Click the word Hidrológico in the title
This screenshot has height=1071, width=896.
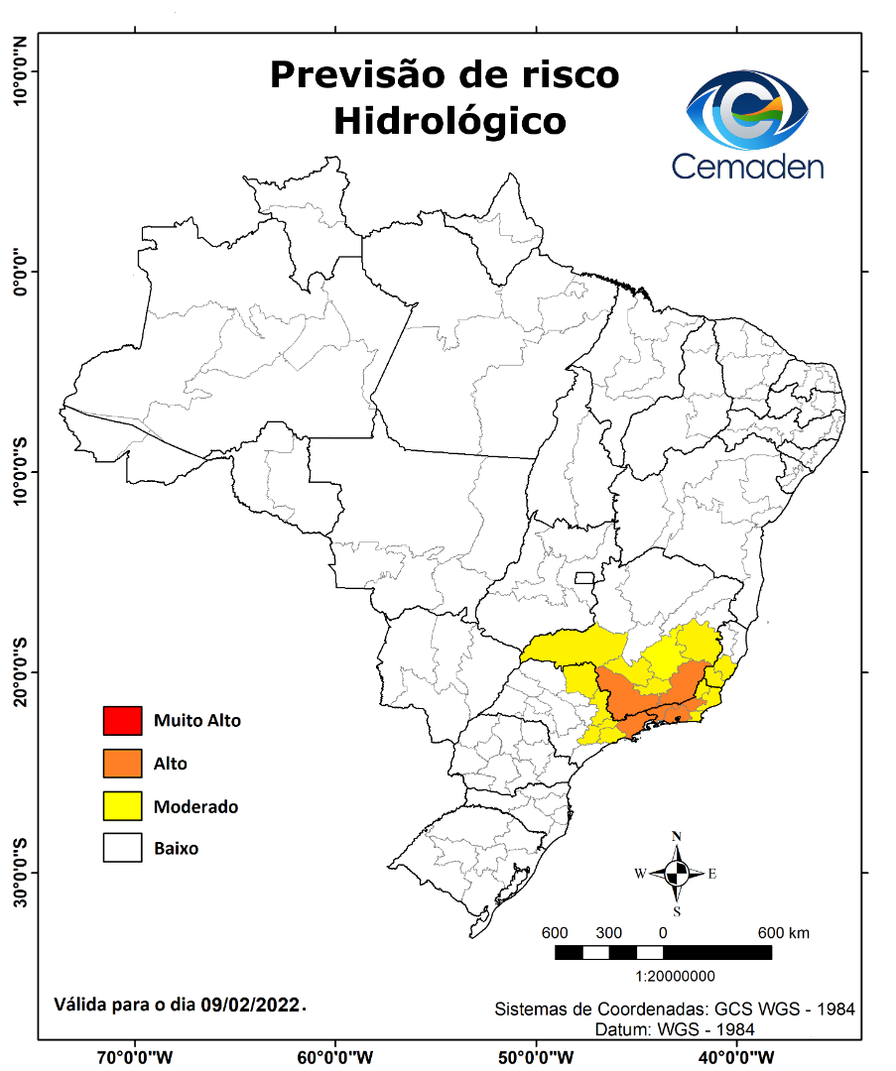pos(449,121)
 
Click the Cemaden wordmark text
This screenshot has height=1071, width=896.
pos(747,165)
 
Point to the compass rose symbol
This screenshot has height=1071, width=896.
pos(677,873)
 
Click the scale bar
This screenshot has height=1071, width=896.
pos(663,952)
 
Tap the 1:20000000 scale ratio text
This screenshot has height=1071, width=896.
pos(675,976)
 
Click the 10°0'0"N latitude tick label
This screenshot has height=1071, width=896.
pos(19,71)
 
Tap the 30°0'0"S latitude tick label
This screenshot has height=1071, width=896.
pos(19,873)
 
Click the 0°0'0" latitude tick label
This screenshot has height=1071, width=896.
pos(19,271)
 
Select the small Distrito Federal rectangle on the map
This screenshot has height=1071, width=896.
pos(584,577)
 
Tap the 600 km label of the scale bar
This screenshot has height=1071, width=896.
pos(784,933)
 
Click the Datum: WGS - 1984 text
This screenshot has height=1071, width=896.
pos(675,1029)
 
